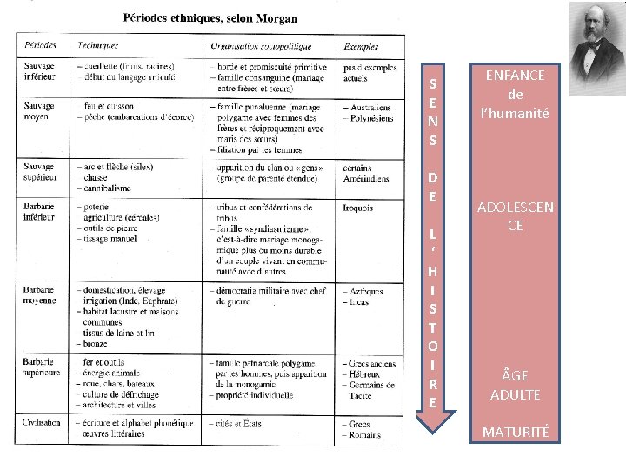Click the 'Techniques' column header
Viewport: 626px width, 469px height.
coord(97,45)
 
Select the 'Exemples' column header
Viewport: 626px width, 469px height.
coord(361,45)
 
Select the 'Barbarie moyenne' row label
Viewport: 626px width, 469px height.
coord(39,294)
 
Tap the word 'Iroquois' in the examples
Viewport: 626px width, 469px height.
coord(358,208)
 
